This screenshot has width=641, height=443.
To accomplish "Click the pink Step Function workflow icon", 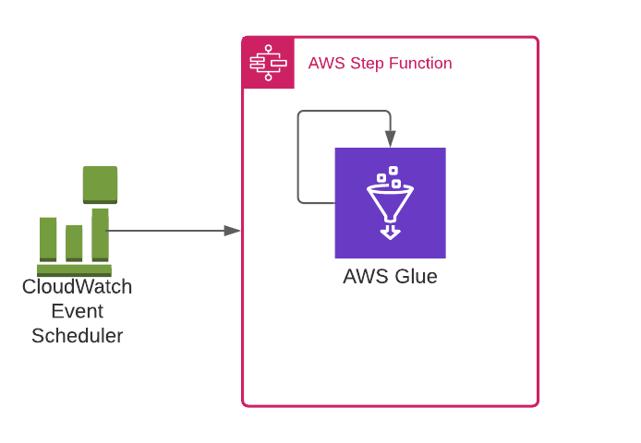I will click(x=268, y=63).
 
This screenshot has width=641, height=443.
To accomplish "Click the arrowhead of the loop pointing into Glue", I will click(x=390, y=139).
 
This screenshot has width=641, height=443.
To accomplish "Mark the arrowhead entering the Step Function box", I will click(x=233, y=231).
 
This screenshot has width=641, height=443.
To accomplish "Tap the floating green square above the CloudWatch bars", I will click(x=100, y=184).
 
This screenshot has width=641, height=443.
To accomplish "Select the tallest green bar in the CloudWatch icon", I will click(x=100, y=234).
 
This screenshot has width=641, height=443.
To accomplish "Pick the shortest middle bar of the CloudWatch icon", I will click(x=74, y=243).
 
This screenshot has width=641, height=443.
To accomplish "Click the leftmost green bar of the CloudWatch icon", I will click(x=48, y=239).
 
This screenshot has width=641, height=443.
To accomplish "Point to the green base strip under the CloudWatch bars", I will click(x=74, y=270).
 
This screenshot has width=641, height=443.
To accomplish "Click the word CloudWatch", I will click(x=77, y=287).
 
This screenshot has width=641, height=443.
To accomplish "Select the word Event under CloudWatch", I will click(x=77, y=311).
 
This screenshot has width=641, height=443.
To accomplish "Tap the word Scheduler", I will click(x=77, y=336).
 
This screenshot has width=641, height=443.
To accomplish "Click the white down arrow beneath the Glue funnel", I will click(x=390, y=232).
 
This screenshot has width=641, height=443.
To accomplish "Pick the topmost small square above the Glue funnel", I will click(x=393, y=171).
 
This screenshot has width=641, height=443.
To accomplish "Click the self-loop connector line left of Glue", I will click(x=298, y=157).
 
